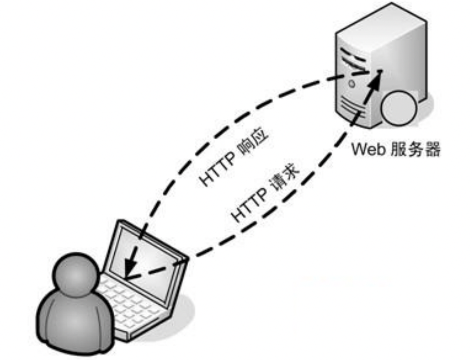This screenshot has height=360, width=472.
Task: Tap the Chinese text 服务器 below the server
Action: point(416,149)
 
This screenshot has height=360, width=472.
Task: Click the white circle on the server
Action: point(399,108)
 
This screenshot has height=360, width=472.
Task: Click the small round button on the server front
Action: point(352,84)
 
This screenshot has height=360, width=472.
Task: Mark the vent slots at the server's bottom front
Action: point(350,107)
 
